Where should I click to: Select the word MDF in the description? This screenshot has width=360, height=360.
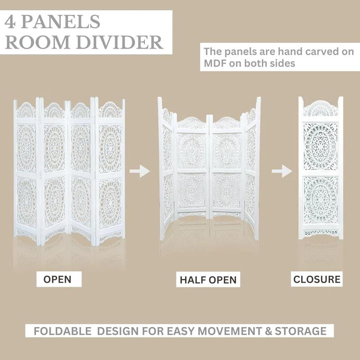pyautogui.click(x=215, y=63)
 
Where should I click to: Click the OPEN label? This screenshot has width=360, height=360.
pyautogui.click(x=57, y=279)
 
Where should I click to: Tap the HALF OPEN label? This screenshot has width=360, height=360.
pyautogui.click(x=208, y=279)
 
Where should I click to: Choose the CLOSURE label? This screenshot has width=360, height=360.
pyautogui.click(x=317, y=279)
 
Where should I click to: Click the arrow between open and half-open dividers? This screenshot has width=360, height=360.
pyautogui.click(x=139, y=171)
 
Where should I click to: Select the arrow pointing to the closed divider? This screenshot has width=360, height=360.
pyautogui.click(x=279, y=171)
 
